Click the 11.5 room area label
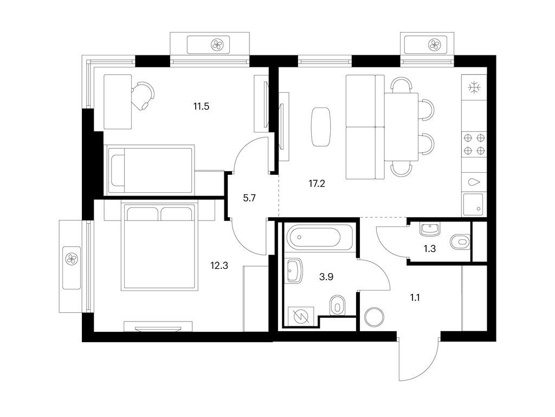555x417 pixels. (201, 106)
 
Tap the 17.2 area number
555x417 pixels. (317, 184)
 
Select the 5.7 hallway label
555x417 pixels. (249, 198)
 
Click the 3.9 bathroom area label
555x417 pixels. (326, 277)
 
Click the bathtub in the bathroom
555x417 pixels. (314, 237)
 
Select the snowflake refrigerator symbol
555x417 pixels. (474, 87)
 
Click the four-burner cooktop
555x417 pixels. (474, 145)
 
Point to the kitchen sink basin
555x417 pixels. (474, 182)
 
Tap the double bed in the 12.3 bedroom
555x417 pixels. (158, 247)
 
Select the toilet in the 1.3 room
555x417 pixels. (460, 240)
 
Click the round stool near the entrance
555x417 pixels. (374, 317)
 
